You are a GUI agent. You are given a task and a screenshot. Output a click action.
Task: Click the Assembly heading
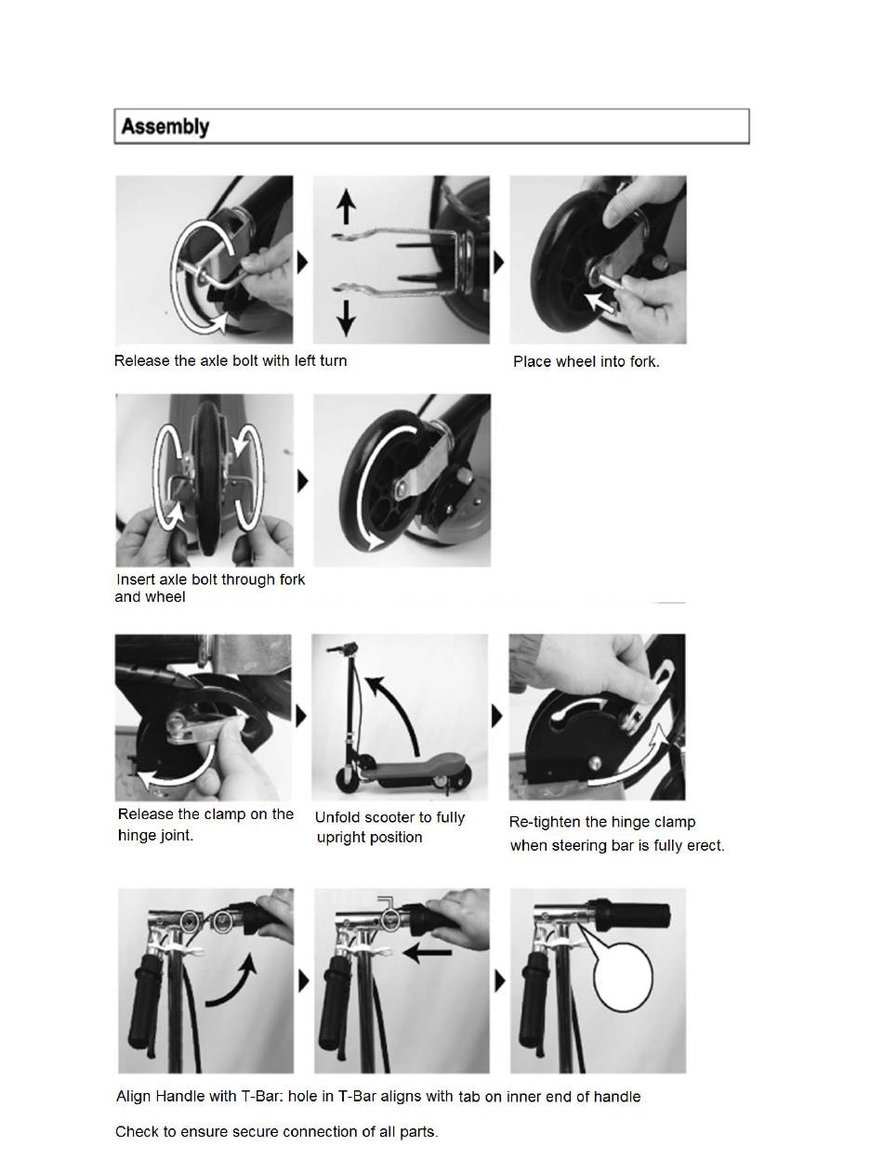click(165, 126)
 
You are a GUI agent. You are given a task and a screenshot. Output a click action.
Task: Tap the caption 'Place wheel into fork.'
click(586, 361)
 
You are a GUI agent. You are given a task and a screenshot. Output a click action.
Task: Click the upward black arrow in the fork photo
click(346, 207)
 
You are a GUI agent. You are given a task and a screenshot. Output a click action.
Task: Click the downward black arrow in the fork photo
click(346, 318)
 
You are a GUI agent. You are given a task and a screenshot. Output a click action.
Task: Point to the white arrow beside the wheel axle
click(599, 303)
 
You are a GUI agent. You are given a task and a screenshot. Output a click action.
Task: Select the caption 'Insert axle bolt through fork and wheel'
click(210, 588)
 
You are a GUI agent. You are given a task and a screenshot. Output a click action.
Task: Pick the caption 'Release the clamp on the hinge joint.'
click(205, 825)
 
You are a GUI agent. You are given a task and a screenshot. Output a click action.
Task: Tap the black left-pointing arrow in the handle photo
click(427, 953)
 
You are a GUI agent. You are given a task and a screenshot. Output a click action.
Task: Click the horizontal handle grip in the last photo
click(630, 916)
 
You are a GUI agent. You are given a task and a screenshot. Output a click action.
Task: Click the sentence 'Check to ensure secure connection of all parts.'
click(276, 1131)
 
